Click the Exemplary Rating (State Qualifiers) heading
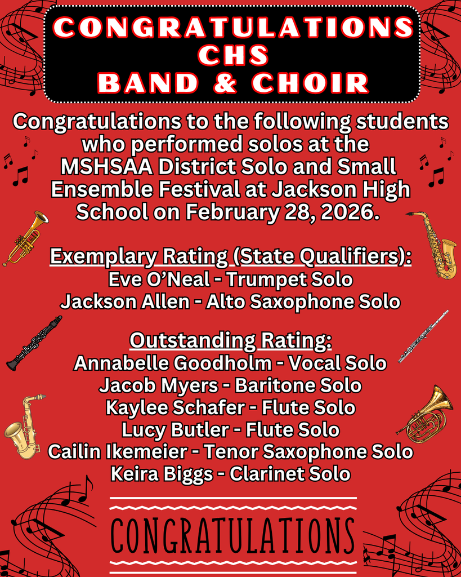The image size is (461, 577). (231, 257)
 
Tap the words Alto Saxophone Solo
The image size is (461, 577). (303, 301)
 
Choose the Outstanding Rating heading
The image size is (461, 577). (231, 341)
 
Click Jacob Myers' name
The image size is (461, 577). (158, 385)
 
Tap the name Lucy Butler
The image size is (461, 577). (174, 430)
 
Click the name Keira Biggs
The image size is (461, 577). (162, 474)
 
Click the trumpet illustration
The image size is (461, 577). (26, 237)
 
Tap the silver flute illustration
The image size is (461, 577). (423, 336)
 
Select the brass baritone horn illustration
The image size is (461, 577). (427, 414)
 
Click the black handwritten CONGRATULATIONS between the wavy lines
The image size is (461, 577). (232, 535)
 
